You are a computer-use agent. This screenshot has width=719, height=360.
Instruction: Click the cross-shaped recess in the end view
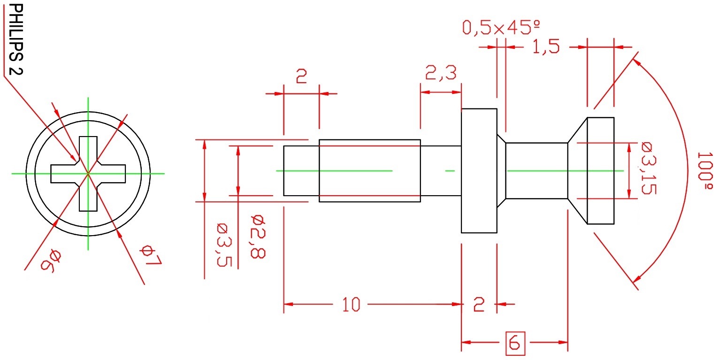pyautogui.click(x=88, y=174)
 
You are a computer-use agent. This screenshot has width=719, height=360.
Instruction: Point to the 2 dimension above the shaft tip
pyautogui.click(x=301, y=77)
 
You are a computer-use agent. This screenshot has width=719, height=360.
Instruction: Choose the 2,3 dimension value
pyautogui.click(x=440, y=74)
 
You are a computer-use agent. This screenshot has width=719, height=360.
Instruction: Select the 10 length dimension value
pyautogui.click(x=351, y=305)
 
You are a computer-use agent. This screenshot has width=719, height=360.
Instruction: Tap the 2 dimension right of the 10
pyautogui.click(x=478, y=305)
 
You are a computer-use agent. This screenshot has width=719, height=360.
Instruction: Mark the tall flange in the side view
pyautogui.click(x=479, y=171)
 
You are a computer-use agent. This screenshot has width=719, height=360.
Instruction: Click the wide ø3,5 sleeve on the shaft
pyautogui.click(x=369, y=171)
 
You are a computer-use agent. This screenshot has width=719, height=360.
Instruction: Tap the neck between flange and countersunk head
pyautogui.click(x=536, y=171)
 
